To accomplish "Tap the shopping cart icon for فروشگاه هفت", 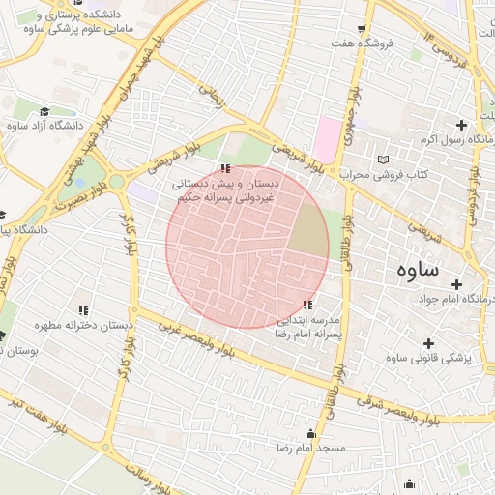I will (x=362, y=28).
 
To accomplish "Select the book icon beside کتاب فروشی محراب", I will (x=384, y=159).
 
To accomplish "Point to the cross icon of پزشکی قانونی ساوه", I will (x=428, y=342).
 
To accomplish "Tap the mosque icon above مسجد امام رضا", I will (x=310, y=434).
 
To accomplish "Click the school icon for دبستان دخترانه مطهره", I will (x=83, y=310).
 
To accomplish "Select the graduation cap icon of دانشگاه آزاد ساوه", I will (x=44, y=111).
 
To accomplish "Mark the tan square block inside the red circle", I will (x=309, y=230).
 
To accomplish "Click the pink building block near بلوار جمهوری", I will (x=331, y=133).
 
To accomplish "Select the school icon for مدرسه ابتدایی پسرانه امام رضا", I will (x=307, y=305).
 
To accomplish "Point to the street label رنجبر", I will (x=212, y=95).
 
